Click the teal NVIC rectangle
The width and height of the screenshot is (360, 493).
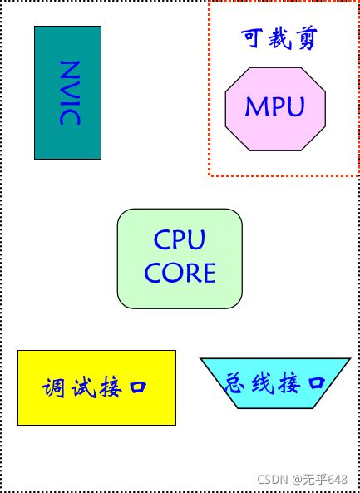pyautogui.click(x=67, y=92)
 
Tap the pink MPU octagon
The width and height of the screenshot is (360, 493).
pyautogui.click(x=275, y=108)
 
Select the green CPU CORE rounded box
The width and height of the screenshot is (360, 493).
pyautogui.click(x=180, y=258)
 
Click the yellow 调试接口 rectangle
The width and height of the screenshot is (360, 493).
pyautogui.click(x=96, y=387)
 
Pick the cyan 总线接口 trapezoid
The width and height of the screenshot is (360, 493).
pyautogui.click(x=275, y=382)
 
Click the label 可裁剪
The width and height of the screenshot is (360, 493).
pyautogui.click(x=279, y=38)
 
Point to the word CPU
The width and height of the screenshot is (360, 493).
pyautogui.click(x=180, y=240)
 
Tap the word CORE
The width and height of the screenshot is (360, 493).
pyautogui.click(x=180, y=274)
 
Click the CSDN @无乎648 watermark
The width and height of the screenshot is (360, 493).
pyautogui.click(x=303, y=480)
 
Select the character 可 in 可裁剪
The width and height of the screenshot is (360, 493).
pyautogui.click(x=253, y=38)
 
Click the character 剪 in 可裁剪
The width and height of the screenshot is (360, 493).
pyautogui.click(x=305, y=38)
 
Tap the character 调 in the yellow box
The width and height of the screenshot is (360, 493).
pyautogui.click(x=54, y=388)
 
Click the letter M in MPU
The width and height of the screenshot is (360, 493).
pyautogui.click(x=256, y=107)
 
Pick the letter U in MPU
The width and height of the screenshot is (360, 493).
pyautogui.click(x=295, y=107)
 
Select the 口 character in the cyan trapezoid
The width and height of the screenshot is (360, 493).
pyautogui.click(x=316, y=383)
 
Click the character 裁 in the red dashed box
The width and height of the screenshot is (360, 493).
pyautogui.click(x=279, y=38)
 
